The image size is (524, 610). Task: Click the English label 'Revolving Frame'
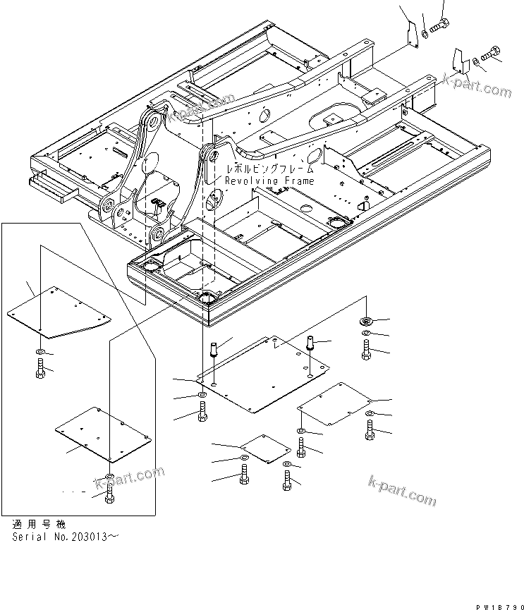(x=269, y=181)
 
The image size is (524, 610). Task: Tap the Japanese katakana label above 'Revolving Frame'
(x=269, y=170)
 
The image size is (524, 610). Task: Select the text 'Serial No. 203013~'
(x=66, y=537)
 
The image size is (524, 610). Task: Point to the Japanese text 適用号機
(x=39, y=525)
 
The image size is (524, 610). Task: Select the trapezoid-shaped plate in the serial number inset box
(x=68, y=311)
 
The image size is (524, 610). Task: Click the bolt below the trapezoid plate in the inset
(x=41, y=367)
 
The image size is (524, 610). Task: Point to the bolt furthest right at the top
(x=492, y=52)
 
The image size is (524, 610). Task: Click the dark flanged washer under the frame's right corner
(x=367, y=320)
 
